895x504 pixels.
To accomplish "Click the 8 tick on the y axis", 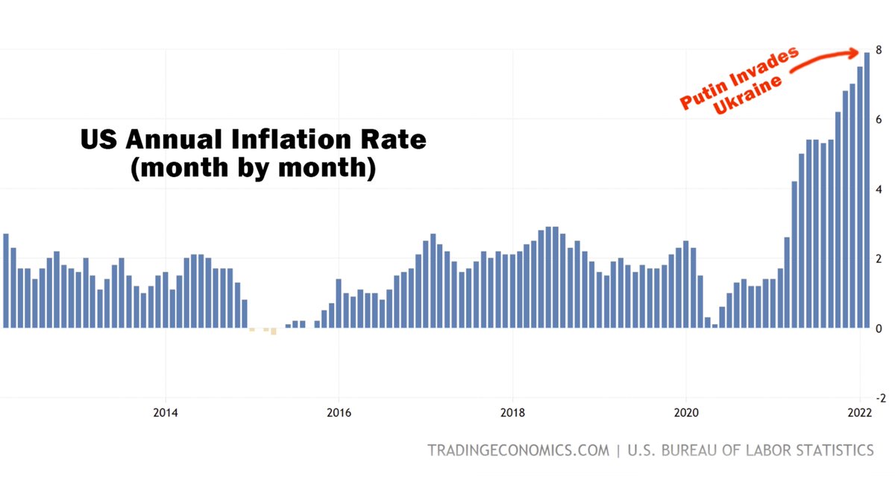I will [880, 50].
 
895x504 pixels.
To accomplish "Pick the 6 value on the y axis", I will [880, 119].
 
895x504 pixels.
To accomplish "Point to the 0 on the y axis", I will [880, 329].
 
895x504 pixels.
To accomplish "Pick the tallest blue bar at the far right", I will [867, 187].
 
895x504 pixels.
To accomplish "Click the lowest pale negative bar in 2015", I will [274, 331].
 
